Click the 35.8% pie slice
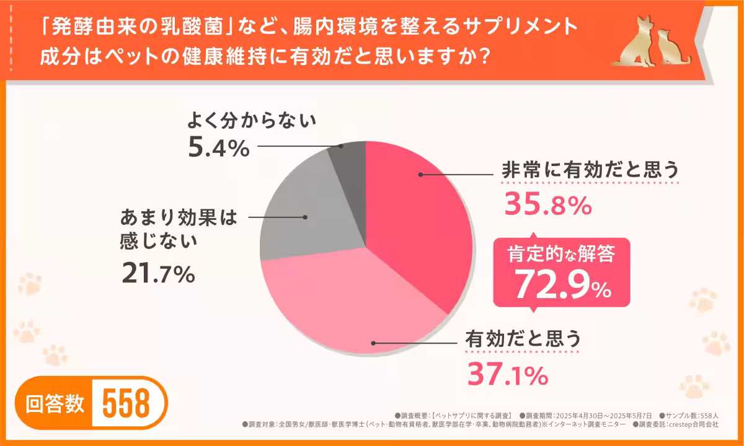pyautogui.click(x=415, y=223)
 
